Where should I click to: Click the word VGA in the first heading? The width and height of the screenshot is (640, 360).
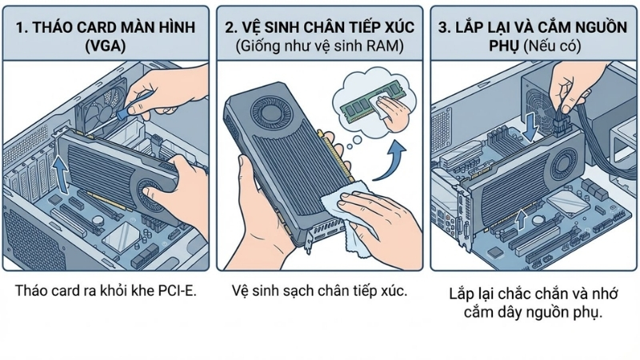click(x=106, y=46)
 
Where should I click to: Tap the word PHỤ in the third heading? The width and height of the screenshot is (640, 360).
click(x=499, y=46)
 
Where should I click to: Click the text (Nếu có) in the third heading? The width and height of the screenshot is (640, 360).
click(x=551, y=46)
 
